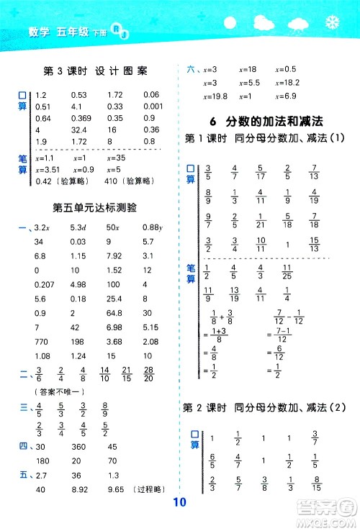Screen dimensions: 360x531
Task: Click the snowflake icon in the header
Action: point(332,23)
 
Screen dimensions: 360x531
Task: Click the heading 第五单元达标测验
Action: point(96,206)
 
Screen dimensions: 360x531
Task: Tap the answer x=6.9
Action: point(287,96)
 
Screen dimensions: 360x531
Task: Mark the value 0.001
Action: point(153,106)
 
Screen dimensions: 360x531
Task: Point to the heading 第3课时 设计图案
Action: point(96,71)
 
